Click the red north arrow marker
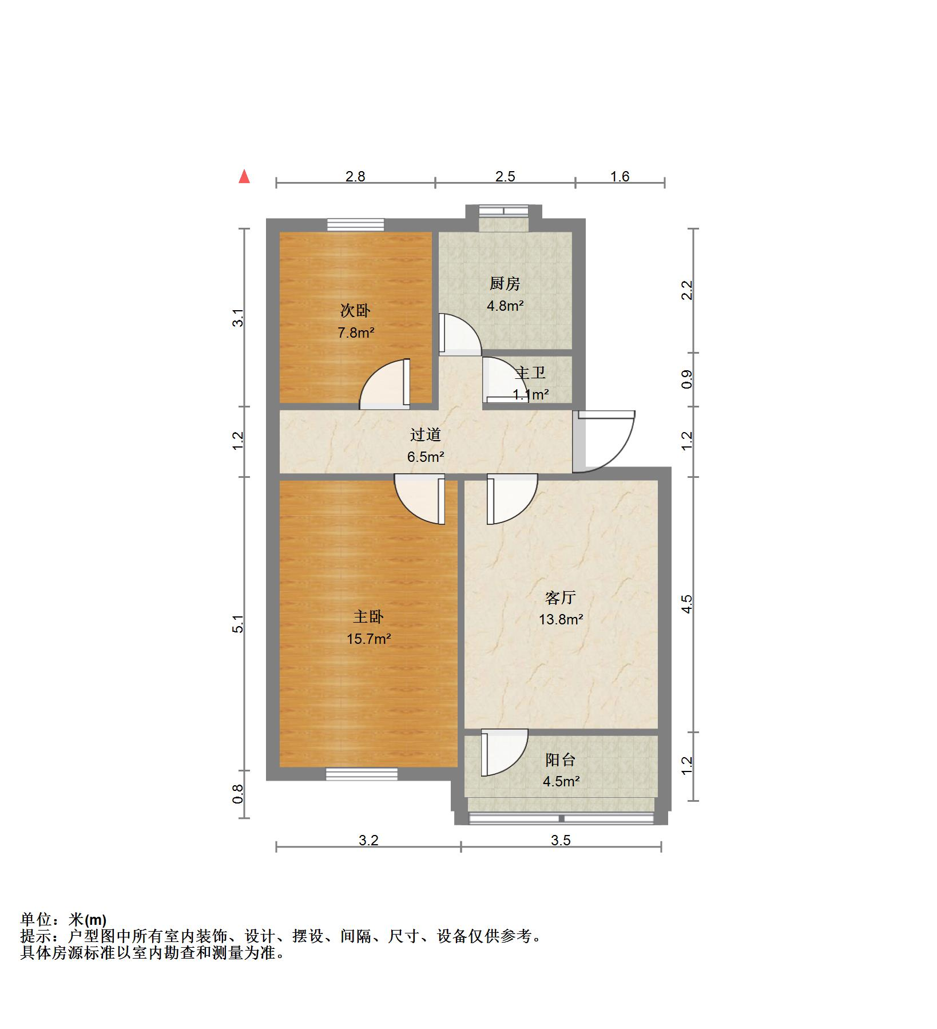(x=244, y=176)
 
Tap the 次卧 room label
(x=355, y=311)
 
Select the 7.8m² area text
(x=356, y=333)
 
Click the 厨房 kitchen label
(x=505, y=284)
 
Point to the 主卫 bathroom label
(x=530, y=373)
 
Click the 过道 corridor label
(x=425, y=435)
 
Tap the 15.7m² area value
(x=368, y=639)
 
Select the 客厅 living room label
(x=560, y=598)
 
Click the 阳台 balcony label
(x=560, y=760)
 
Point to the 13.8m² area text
(x=561, y=619)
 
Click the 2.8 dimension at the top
(x=355, y=176)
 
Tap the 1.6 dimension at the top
(x=620, y=176)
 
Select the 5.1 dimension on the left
(x=238, y=624)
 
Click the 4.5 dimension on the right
(x=687, y=604)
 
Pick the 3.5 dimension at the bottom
(x=561, y=840)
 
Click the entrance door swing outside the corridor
(x=605, y=441)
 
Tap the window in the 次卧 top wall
(x=355, y=224)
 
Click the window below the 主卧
(x=362, y=774)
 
